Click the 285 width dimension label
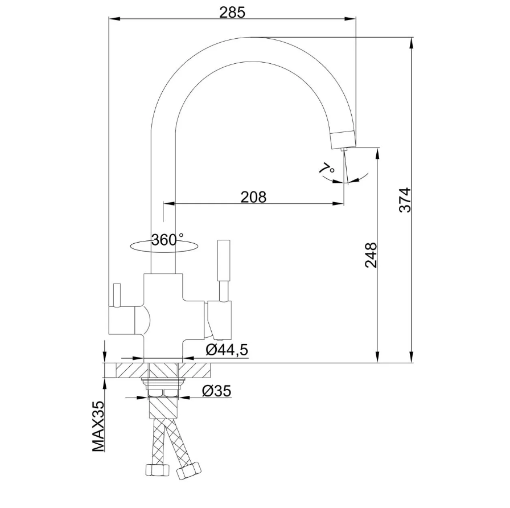[x=232, y=12]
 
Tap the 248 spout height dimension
[x=371, y=255]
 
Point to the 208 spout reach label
[x=253, y=196]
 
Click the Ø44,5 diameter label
[x=227, y=350]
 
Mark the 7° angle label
[x=327, y=169]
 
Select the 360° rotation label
[x=167, y=240]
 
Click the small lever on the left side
[x=116, y=295]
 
